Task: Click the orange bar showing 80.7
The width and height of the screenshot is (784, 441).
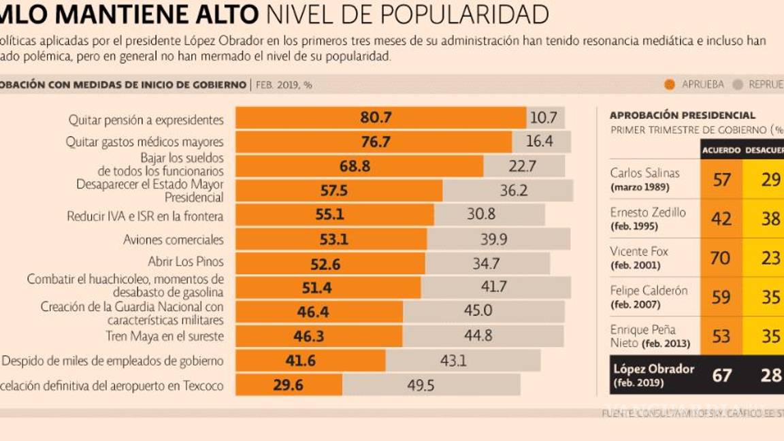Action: (380, 118)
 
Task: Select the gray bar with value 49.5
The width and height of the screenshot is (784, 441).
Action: (431, 385)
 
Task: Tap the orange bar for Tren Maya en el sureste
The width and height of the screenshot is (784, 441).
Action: (318, 336)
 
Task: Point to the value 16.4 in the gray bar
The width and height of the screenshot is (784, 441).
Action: (540, 142)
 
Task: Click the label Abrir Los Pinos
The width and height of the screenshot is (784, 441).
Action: (185, 261)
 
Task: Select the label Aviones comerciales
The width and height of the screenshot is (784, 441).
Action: (173, 240)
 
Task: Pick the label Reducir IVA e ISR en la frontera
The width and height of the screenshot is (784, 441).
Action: (145, 216)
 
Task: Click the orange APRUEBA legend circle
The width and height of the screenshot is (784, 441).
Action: (669, 85)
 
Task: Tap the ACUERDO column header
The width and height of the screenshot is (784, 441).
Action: (721, 150)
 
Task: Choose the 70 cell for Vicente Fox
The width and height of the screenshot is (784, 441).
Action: (721, 258)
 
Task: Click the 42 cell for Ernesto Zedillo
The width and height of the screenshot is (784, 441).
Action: (721, 218)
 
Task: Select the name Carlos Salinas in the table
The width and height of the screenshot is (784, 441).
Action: (644, 173)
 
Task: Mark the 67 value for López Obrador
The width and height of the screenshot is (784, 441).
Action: (721, 375)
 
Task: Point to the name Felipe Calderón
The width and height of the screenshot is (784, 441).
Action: (649, 291)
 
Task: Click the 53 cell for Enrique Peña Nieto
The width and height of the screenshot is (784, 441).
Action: (721, 336)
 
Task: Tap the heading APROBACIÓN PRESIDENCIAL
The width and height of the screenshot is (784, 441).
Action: (682, 116)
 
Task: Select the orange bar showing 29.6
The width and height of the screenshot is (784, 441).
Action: (289, 385)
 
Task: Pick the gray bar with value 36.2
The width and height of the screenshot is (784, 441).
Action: (508, 191)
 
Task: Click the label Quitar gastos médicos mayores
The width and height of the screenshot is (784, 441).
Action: (144, 142)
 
